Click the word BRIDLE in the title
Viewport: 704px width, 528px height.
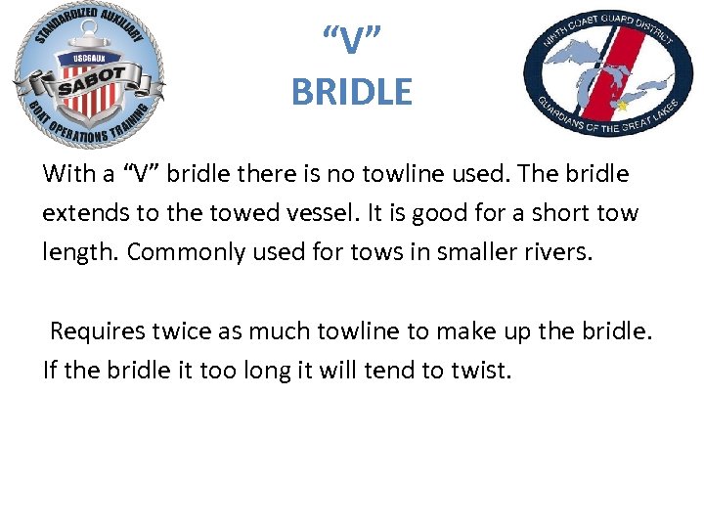(352, 92)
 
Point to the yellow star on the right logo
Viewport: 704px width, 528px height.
(620, 104)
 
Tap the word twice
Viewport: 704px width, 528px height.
(183, 330)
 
